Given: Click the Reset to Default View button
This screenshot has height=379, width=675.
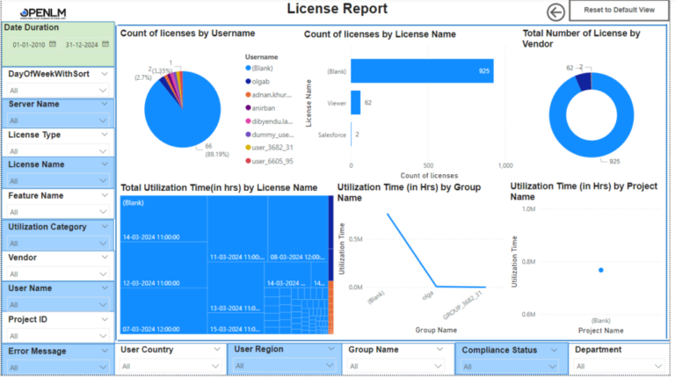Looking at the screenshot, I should [621, 10].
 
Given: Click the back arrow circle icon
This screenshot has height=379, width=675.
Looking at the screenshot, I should [555, 11].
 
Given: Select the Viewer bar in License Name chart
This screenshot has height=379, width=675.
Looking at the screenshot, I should [355, 103].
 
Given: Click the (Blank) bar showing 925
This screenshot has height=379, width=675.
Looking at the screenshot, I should [421, 71].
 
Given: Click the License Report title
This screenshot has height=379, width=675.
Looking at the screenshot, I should [337, 10].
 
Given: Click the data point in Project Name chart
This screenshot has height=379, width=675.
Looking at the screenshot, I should [600, 270].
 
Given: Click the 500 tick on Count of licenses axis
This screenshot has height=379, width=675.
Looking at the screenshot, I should [428, 164].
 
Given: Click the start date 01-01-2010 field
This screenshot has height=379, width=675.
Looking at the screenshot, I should [29, 44].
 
